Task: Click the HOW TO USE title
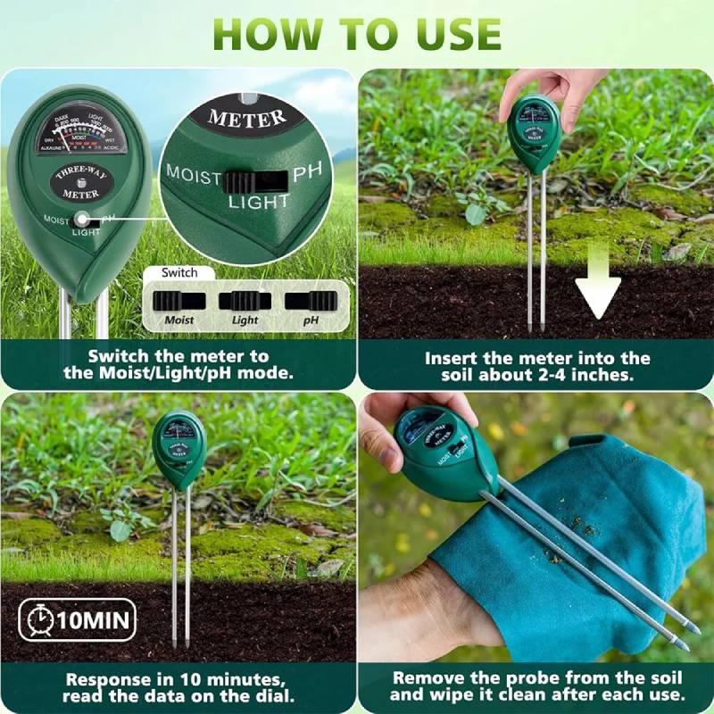click(357, 33)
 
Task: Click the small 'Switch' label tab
click(179, 273)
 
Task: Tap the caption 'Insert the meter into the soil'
click(537, 367)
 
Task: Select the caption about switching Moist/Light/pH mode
click(178, 365)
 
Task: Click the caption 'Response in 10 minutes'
click(178, 685)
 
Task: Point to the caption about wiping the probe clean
click(537, 685)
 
